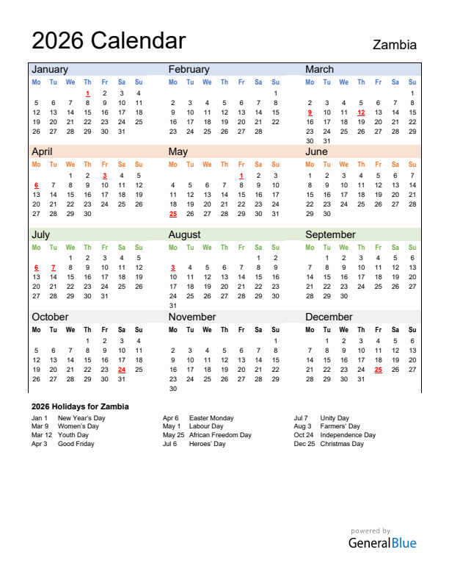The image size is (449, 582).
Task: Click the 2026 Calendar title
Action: tap(109, 40)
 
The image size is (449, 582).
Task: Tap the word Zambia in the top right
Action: tap(395, 45)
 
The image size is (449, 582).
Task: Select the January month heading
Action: tap(50, 69)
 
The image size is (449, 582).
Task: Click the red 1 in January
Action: tap(87, 93)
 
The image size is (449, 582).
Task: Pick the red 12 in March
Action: tap(361, 112)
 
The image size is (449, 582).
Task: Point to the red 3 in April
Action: tap(105, 176)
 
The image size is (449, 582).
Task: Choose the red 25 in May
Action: tap(173, 214)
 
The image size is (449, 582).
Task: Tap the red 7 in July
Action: tap(54, 267)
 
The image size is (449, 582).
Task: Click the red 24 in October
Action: tap(122, 370)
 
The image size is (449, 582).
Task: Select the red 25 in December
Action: tap(378, 370)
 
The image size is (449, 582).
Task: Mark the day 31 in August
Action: tap(173, 306)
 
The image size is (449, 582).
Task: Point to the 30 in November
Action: tap(173, 389)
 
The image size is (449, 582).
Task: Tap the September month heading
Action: tap(330, 234)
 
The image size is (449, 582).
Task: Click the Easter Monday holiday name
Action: tap(211, 418)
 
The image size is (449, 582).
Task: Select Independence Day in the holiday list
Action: tap(348, 435)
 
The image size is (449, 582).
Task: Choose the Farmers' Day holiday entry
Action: tap(340, 426)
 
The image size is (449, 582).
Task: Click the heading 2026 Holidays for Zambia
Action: tap(81, 406)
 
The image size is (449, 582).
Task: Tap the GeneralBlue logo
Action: tap(382, 543)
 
